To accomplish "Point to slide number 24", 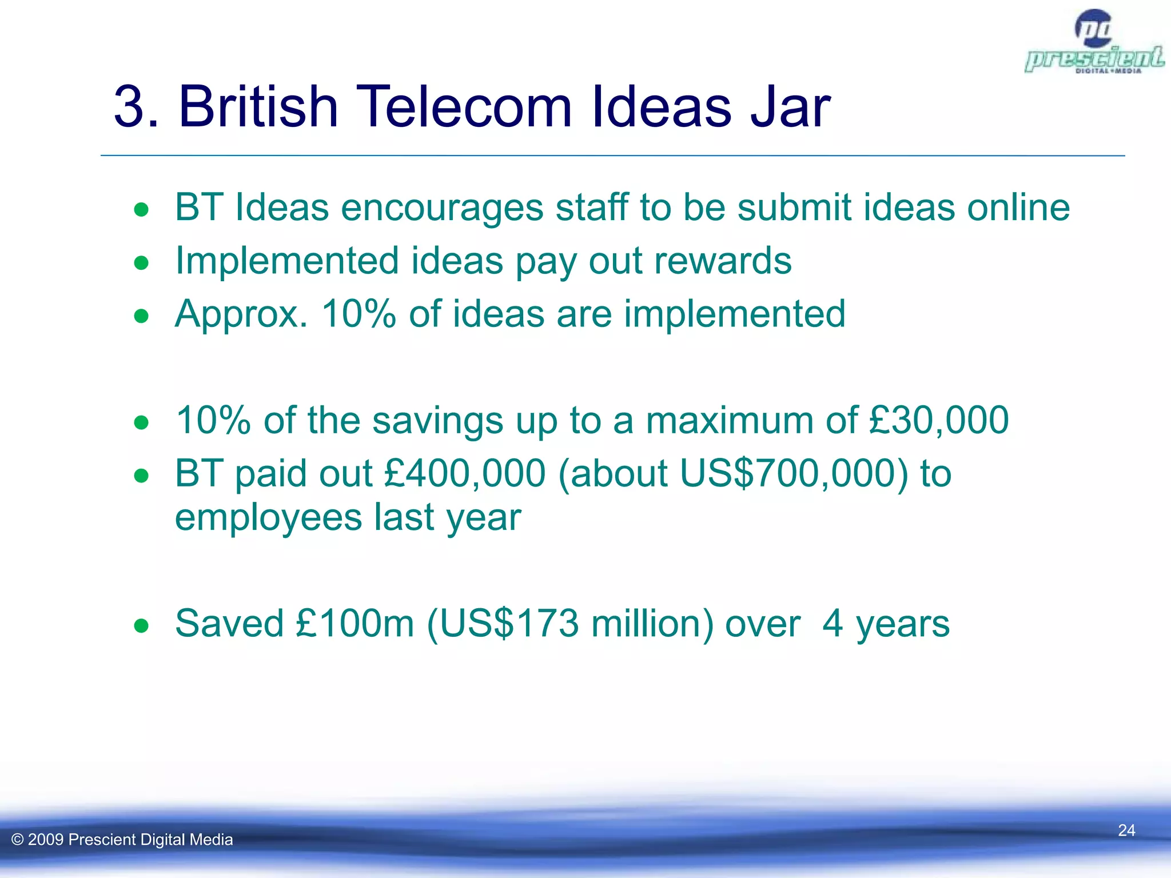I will [1126, 830].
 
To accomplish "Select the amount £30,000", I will [938, 420].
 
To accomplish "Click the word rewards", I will [723, 261].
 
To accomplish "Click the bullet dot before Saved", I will [141, 626].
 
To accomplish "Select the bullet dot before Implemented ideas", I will [141, 264].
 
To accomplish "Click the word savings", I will [438, 421].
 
